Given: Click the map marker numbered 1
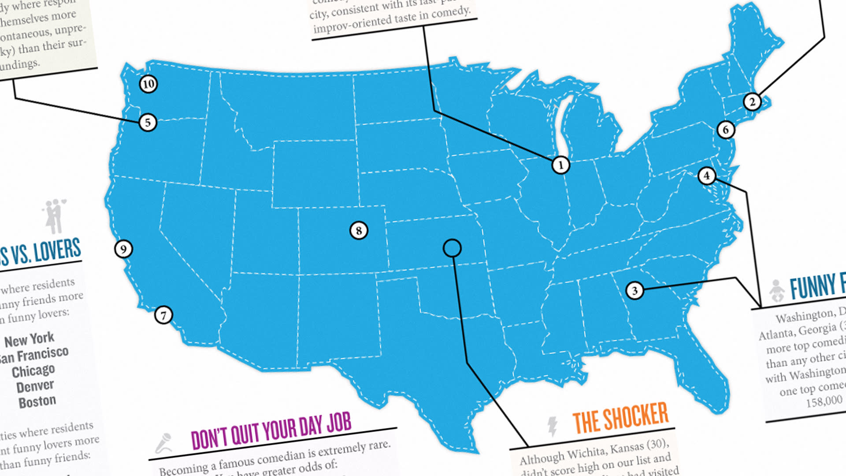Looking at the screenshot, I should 560,165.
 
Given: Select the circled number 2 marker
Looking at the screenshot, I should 752,102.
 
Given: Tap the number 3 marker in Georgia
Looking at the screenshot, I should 634,290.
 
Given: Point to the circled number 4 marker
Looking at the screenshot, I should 706,175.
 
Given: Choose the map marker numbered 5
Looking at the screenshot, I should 148,122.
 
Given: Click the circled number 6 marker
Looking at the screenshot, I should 726,130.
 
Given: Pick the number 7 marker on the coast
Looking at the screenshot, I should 163,315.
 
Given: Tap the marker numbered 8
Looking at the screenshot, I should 359,230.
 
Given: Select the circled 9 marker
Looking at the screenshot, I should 123,249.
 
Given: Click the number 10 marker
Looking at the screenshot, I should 148,84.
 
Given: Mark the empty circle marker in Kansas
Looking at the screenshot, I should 452,248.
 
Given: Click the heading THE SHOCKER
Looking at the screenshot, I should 620,417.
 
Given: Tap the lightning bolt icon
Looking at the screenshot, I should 552,426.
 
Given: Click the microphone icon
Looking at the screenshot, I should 164,443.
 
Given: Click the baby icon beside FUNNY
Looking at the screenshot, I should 777,290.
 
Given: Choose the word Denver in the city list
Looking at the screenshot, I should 35,387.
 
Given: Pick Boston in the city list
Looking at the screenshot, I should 37,402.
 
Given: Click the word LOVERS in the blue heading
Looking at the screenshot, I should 57,250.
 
